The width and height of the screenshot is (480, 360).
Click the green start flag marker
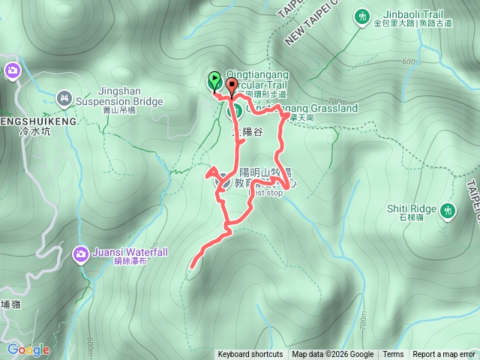click(214, 79)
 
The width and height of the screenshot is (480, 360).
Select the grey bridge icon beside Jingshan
click(64, 97)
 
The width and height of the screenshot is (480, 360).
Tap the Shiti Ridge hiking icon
click(448, 211)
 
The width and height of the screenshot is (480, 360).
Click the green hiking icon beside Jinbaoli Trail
click(364, 15)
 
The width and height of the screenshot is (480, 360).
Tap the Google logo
click(28, 349)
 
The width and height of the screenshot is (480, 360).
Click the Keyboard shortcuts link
click(250, 355)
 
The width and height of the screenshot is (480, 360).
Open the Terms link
click(393, 355)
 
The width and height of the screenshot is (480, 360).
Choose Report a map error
click(444, 355)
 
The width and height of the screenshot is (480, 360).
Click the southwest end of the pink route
click(193, 265)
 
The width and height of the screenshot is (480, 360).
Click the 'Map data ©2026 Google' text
click(333, 355)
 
